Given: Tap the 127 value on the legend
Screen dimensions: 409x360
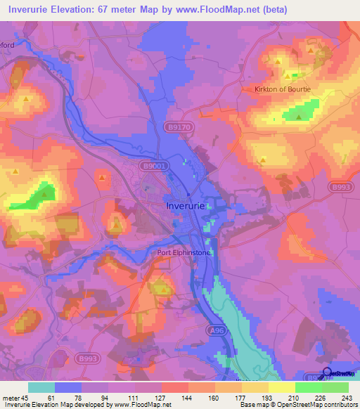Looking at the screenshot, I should pos(161,398).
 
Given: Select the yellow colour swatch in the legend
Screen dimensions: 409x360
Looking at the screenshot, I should pos(281,387).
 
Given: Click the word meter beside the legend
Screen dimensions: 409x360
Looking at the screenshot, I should pos(11,398).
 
